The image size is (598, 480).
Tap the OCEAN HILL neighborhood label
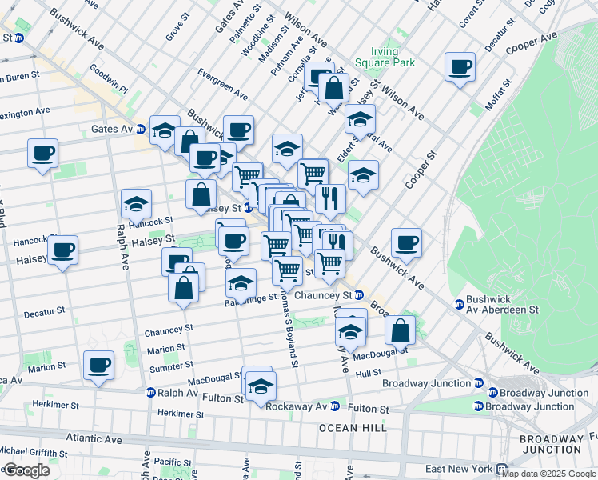coord(353,428)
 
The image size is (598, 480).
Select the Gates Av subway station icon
coord(141,129)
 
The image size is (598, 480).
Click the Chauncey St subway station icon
coord(359,294)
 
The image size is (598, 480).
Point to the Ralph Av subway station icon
coord(150,393)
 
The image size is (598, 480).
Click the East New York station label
coord(460,468)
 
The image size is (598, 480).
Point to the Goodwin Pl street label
coord(109,78)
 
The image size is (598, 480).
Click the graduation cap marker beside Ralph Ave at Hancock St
coord(136,203)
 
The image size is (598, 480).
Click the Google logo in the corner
coord(26,470)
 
